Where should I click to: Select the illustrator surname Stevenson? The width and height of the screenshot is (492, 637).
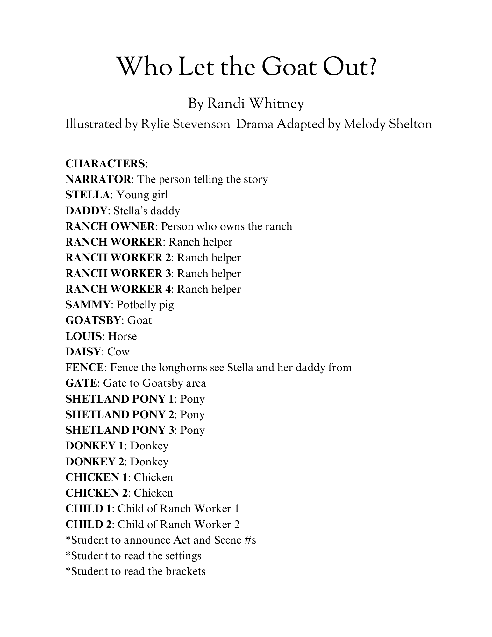click(x=201, y=124)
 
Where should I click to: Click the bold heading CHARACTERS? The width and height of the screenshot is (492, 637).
click(x=105, y=163)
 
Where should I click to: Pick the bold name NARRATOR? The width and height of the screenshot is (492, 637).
click(x=98, y=179)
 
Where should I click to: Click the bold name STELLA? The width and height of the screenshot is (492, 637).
click(x=88, y=195)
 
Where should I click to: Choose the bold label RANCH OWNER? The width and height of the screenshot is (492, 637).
click(x=110, y=226)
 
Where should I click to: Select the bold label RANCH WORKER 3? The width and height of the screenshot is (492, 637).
click(x=118, y=273)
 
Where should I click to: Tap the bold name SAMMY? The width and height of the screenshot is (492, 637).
click(x=88, y=305)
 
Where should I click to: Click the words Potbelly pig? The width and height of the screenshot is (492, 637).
click(x=145, y=305)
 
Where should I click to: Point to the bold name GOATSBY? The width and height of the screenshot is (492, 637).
click(x=94, y=320)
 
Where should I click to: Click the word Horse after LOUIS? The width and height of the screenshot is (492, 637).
click(x=122, y=336)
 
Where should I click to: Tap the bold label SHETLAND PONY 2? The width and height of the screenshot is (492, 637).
click(x=120, y=415)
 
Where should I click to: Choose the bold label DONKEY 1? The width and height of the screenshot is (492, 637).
click(x=94, y=446)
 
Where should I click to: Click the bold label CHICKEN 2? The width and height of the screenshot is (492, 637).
click(x=97, y=493)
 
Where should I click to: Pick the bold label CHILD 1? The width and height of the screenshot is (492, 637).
click(x=89, y=509)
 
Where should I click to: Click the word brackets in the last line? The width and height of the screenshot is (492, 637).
click(x=185, y=571)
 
